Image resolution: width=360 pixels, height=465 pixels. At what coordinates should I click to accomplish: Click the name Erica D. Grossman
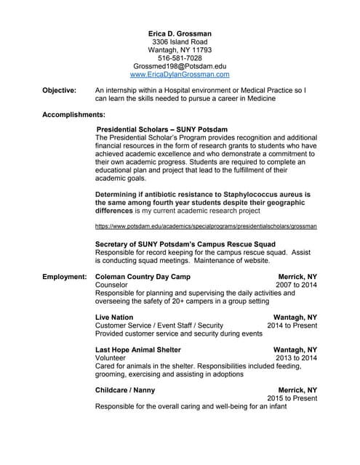tap(180, 33)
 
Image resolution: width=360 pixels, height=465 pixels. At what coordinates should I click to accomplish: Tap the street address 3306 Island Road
tap(180, 42)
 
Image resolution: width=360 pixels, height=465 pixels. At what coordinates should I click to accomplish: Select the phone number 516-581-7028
tap(180, 58)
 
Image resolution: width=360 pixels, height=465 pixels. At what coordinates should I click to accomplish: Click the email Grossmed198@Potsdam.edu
tap(180, 66)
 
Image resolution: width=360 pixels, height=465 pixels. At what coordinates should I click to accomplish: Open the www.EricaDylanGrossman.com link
tap(180, 74)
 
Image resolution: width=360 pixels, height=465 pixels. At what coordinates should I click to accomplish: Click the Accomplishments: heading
tap(73, 115)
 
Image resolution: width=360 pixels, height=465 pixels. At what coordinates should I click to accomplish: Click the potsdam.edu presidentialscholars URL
tap(206, 227)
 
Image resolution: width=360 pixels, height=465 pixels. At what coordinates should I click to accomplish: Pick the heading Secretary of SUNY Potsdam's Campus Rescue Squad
tap(185, 243)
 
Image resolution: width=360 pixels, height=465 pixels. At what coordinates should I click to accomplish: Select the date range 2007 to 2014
tap(296, 286)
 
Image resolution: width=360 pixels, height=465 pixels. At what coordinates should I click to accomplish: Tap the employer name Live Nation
tap(114, 318)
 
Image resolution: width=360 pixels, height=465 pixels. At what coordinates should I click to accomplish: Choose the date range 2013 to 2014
tap(296, 358)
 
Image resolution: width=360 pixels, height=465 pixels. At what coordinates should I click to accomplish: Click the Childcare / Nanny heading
tap(125, 390)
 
